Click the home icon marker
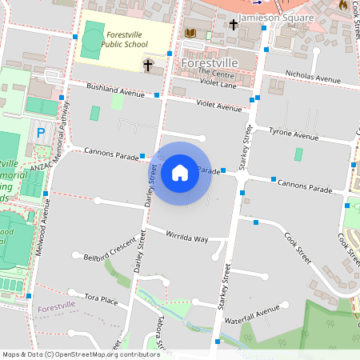pyautogui.click(x=180, y=172)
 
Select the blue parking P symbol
pyautogui.click(x=40, y=131)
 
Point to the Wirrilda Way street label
pyautogui.click(x=186, y=238)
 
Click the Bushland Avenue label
pyautogui.click(x=115, y=94)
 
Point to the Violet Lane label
pyautogui.click(x=218, y=82)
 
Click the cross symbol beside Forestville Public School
pyautogui.click(x=149, y=64)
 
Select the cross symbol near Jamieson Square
pyautogui.click(x=234, y=25)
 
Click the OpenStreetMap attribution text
pyautogui.click(x=82, y=354)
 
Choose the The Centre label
pyautogui.click(x=214, y=72)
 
